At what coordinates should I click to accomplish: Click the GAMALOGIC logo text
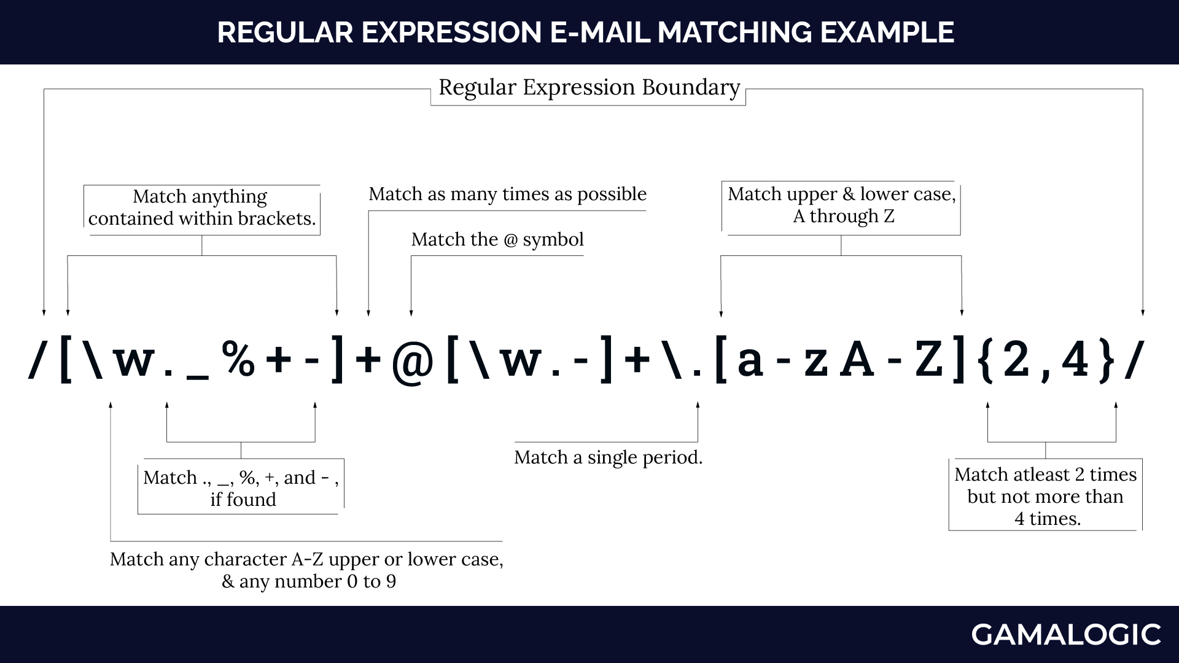[1065, 635]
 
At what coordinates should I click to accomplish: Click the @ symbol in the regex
[412, 362]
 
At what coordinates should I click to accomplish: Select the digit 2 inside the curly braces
[1016, 360]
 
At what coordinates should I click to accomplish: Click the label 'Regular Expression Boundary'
[589, 88]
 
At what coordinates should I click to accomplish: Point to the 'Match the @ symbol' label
[497, 239]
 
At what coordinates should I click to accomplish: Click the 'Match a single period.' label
[608, 457]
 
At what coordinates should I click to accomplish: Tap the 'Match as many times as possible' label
[507, 194]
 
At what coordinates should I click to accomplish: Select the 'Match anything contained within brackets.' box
[202, 207]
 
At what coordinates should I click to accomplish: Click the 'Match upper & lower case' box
[841, 205]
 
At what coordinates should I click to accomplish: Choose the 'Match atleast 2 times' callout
[1045, 496]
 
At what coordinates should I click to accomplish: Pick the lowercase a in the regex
[750, 362]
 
